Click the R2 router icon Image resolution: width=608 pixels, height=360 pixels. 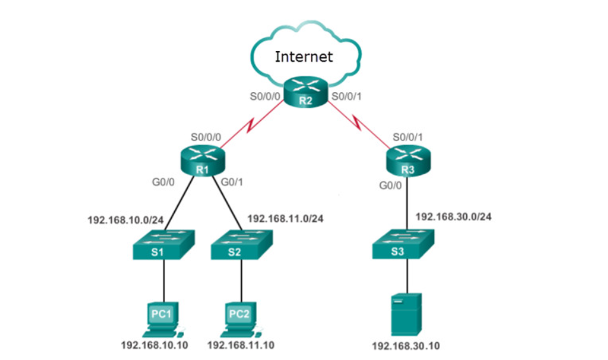305,92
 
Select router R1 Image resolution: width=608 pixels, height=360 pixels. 203,161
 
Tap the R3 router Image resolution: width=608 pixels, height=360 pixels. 408,161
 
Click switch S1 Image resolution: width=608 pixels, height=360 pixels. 163,244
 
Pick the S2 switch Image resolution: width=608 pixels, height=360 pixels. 242,244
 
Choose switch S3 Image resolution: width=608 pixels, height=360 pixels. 403,244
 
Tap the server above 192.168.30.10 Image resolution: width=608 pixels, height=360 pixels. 406,314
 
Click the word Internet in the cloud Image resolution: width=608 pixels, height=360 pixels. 303,57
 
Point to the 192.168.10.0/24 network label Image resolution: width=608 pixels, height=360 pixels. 126,220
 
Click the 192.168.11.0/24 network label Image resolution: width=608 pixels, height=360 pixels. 286,219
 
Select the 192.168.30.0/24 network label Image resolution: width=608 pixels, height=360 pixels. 453,216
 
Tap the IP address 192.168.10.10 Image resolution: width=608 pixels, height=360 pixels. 155,345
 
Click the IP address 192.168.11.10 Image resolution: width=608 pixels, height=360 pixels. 241,345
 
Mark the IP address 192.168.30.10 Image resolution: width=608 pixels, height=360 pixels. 406,345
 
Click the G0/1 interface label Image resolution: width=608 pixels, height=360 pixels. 232,182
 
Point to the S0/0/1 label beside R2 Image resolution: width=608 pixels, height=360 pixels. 346,97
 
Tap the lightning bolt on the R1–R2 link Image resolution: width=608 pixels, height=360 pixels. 252,125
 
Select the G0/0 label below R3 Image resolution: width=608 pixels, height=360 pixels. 390,186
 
